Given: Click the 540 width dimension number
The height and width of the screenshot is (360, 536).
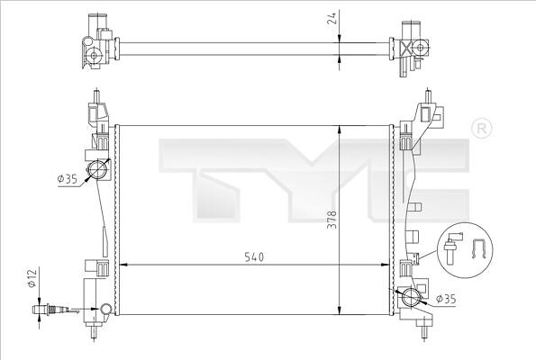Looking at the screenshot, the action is click(255, 256).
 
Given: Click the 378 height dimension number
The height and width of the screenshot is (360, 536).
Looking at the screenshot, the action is click(332, 220).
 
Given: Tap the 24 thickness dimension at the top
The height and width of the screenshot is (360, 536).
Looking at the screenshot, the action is click(332, 17).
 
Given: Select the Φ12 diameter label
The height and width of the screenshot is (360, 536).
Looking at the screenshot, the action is click(32, 278).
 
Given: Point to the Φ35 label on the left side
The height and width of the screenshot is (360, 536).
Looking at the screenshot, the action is click(68, 178).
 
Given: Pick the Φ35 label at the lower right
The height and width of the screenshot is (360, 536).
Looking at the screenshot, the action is click(446, 299).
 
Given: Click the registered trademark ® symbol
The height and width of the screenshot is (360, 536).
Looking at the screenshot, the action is click(481, 129).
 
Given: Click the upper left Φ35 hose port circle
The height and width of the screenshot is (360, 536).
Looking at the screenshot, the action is click(97, 170).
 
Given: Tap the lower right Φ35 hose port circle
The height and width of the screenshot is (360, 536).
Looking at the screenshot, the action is click(410, 296).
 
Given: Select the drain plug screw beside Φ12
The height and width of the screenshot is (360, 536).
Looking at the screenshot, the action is click(50, 310).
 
